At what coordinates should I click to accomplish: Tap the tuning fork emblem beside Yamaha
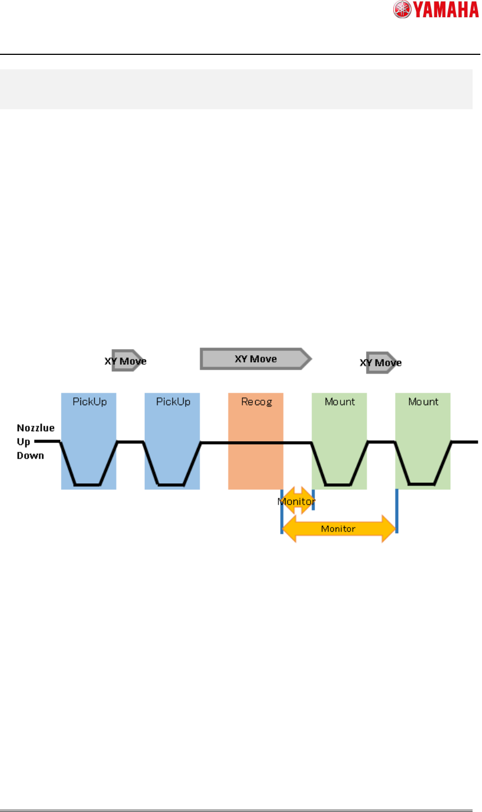pos(402,10)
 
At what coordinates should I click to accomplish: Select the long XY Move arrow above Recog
pos(256,359)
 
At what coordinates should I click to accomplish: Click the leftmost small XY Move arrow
pos(126,361)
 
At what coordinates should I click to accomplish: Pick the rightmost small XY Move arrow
pos(382,363)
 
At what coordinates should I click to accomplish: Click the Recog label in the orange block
pos(256,402)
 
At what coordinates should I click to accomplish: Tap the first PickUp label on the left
pos(89,402)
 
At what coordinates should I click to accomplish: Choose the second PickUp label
pos(173,402)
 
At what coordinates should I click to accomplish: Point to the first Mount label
pos(339,402)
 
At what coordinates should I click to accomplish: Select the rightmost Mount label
pos(423,402)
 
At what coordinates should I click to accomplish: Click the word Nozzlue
pos(35,428)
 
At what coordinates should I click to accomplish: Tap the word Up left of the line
pos(23,442)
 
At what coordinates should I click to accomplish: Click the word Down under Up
pos(30,456)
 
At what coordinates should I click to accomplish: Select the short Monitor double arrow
pos(297,501)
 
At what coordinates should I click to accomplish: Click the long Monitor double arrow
pos(339,529)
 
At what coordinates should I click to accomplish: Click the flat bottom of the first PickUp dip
pos(88,485)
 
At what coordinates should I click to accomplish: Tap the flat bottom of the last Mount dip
pos(422,484)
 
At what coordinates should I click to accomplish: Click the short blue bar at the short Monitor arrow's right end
pos(313,499)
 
